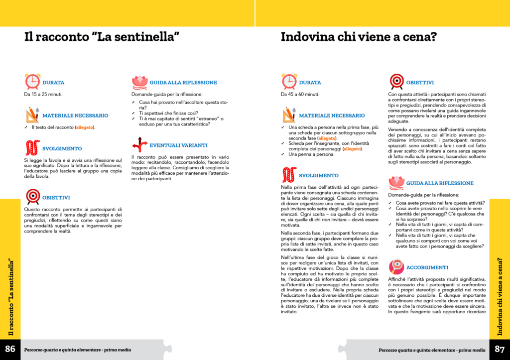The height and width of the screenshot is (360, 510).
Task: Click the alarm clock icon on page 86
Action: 32,82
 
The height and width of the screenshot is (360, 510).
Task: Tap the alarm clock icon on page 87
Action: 289,82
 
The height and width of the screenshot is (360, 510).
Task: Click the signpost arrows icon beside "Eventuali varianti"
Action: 139,145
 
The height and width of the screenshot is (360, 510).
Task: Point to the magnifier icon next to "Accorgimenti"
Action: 396,267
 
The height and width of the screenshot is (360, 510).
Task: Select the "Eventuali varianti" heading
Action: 178,145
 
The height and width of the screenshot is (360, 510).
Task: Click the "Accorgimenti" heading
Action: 427,267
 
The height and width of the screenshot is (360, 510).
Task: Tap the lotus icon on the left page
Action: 139,82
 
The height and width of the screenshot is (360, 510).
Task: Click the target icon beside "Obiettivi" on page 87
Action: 396,82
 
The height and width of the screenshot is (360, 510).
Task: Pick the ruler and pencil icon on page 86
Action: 32,115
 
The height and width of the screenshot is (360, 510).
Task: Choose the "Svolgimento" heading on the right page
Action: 319,175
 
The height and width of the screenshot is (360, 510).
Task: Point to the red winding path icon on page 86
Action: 32,148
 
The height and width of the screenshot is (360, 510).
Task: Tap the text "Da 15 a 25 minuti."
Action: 43,94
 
